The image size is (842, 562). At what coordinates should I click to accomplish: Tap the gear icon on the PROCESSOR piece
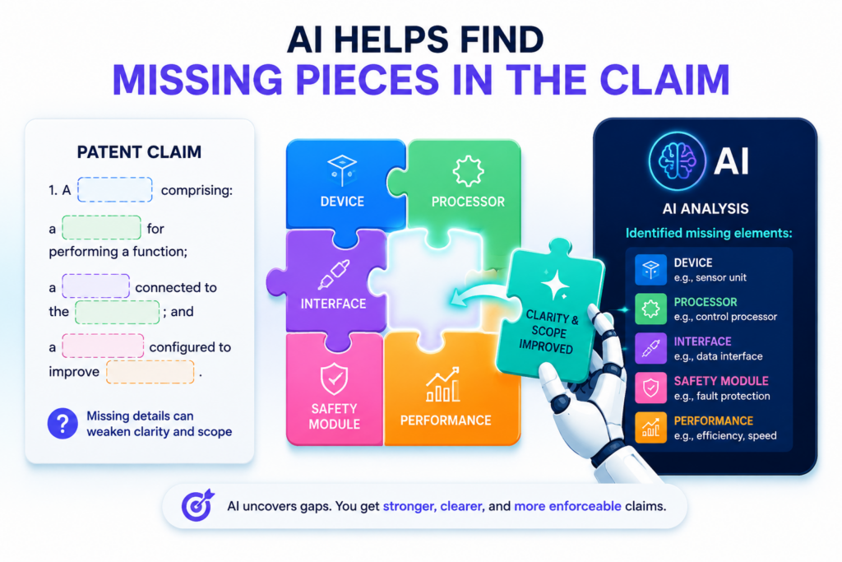click(x=468, y=171)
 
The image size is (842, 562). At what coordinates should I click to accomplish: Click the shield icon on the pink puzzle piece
click(x=334, y=379)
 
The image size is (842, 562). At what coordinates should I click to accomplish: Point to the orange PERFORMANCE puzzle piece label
click(x=446, y=420)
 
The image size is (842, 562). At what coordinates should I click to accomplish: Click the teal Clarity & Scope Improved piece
click(x=550, y=312)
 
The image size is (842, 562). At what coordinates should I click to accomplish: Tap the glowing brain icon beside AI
click(x=677, y=160)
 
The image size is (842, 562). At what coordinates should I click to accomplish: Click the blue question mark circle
click(x=62, y=424)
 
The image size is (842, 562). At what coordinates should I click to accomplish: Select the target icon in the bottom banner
click(x=197, y=505)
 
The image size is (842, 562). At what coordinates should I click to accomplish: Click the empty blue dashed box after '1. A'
click(x=115, y=189)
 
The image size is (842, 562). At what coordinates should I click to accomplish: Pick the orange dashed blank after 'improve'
click(x=150, y=372)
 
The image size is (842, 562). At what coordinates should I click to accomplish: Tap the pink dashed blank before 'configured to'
click(x=103, y=346)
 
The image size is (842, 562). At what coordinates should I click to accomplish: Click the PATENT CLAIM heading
click(x=139, y=152)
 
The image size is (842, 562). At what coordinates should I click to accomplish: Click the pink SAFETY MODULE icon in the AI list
click(x=651, y=388)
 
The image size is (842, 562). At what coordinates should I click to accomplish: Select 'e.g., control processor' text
click(x=725, y=317)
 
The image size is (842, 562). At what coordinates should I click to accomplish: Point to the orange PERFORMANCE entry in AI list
click(x=714, y=420)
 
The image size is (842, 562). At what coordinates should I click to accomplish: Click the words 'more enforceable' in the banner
click(x=567, y=506)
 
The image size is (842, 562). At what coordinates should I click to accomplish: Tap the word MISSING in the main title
click(x=197, y=80)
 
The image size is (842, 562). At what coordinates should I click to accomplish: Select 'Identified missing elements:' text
click(x=709, y=233)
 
